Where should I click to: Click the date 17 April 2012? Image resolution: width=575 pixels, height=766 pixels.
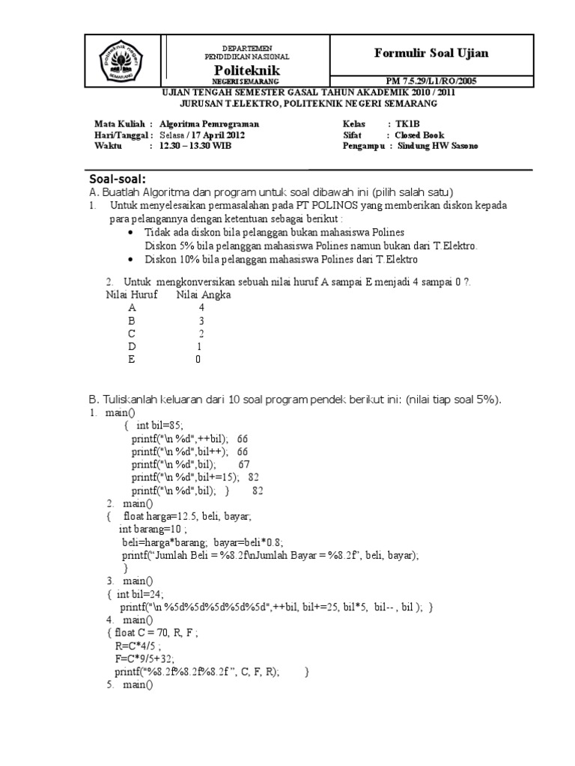(214, 135)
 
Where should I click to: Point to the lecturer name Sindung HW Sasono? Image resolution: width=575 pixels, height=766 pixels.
(436, 146)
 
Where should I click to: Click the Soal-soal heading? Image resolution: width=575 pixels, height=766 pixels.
(118, 180)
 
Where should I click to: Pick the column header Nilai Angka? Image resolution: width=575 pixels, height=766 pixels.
(204, 295)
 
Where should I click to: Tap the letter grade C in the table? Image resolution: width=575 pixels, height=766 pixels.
(133, 333)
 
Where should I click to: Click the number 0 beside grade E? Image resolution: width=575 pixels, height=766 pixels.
(198, 359)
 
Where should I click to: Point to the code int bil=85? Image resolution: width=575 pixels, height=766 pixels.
(161, 425)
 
